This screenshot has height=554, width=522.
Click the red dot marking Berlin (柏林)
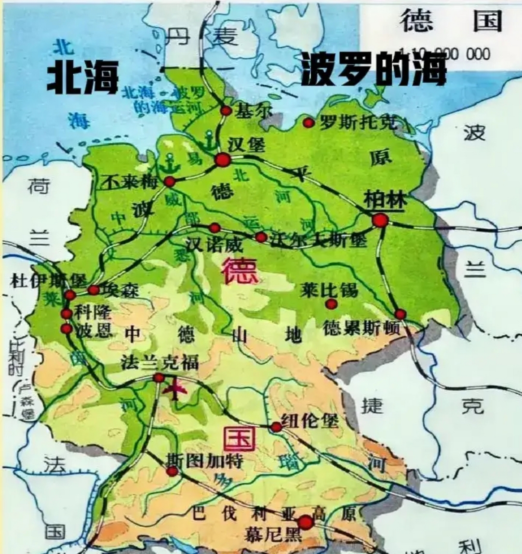380,220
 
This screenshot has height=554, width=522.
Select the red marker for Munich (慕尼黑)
306,522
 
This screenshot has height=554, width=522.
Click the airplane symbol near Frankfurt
175,390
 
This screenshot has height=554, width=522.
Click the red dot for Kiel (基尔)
226,111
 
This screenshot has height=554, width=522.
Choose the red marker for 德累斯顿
400,314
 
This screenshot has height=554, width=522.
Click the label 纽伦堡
310,420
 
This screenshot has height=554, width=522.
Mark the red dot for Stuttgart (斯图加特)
172,471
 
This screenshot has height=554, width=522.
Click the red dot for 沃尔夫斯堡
261,237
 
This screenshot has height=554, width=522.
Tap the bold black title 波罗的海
373,69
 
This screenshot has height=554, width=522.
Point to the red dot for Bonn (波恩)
66,329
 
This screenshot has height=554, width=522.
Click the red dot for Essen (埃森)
93,290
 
